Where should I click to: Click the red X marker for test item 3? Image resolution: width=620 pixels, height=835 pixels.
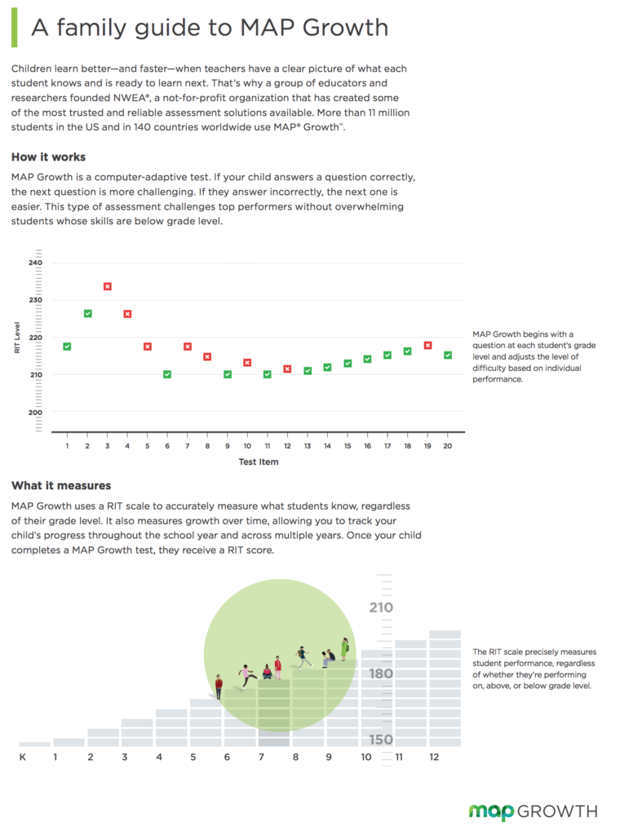click(107, 286)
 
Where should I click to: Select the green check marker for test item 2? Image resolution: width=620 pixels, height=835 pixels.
click(87, 313)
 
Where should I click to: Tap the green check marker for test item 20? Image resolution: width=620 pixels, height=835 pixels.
click(447, 355)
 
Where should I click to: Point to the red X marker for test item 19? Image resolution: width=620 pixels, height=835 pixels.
click(427, 345)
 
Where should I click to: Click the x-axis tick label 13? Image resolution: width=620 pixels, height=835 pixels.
click(308, 446)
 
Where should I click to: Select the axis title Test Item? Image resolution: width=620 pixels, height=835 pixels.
click(258, 462)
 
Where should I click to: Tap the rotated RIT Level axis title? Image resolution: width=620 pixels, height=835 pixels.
click(17, 338)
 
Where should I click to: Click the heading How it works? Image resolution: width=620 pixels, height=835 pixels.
click(48, 157)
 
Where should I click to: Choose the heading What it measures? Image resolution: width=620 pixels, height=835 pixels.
click(61, 485)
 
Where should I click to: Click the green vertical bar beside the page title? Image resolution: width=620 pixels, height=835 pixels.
click(14, 29)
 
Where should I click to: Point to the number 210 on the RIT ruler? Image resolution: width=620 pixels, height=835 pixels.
click(380, 607)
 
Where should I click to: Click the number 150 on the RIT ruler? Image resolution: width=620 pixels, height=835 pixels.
click(380, 740)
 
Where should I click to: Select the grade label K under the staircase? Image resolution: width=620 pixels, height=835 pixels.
click(22, 758)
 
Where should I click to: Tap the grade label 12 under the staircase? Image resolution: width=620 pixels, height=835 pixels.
click(434, 758)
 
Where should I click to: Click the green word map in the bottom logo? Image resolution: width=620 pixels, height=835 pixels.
click(491, 811)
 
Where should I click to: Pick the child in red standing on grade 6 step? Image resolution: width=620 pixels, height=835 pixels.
click(219, 686)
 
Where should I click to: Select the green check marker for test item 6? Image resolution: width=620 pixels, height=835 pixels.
click(167, 374)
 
